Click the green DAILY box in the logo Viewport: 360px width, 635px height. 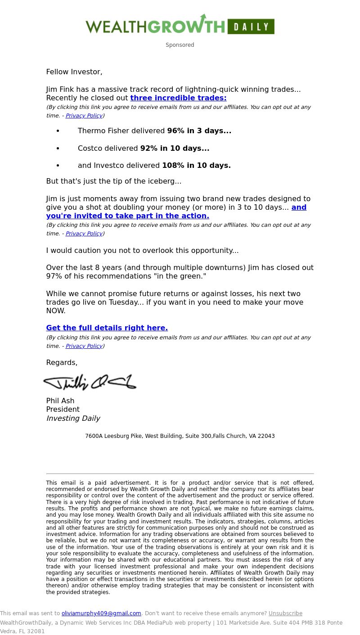tap(251, 27)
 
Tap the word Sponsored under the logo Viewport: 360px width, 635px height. tap(180, 45)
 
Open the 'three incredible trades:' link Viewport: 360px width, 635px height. tap(178, 98)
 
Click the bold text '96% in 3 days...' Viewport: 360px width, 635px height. tap(199, 131)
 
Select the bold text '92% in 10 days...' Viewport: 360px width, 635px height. tap(175, 149)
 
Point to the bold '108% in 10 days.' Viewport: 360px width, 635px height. tap(196, 166)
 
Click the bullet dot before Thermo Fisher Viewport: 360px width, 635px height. tap(58, 131)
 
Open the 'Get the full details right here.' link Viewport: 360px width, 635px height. tap(107, 328)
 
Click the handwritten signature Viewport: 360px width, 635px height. tap(90, 382)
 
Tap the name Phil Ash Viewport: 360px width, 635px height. tap(60, 401)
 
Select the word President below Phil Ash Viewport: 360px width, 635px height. tap(63, 410)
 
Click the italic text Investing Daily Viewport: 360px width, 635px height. tap(73, 419)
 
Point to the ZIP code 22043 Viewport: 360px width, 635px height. tap(266, 436)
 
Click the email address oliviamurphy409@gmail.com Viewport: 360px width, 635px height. tap(101, 613)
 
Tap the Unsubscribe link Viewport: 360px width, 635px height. tap(285, 613)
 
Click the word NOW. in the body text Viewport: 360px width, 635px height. tap(56, 311)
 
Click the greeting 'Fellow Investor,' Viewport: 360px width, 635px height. tap(74, 72)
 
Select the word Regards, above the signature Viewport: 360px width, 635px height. tap(62, 363)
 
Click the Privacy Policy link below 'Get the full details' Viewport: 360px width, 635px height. tap(84, 346)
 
